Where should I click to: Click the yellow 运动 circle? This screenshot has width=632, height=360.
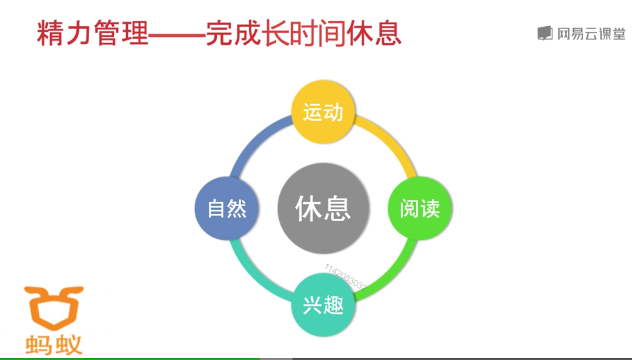(323, 112)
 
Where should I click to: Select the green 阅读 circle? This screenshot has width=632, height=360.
(420, 208)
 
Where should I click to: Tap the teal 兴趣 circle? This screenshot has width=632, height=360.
(323, 304)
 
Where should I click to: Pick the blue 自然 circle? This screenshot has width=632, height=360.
(227, 208)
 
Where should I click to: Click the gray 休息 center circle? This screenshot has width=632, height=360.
(323, 208)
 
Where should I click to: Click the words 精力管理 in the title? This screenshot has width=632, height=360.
(92, 34)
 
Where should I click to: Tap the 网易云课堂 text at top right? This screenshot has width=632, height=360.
(591, 33)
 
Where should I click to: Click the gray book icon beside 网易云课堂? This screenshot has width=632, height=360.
(545, 33)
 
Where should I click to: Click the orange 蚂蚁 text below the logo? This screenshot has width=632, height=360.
(54, 345)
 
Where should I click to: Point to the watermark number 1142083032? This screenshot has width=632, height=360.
(345, 277)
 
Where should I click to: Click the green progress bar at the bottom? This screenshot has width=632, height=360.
(130, 358)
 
